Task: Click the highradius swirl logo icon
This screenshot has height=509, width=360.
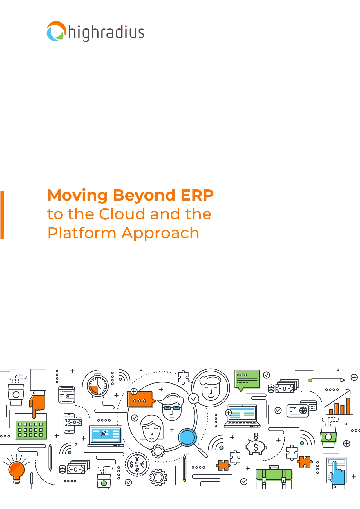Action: coord(56,31)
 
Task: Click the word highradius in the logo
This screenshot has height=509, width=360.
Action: coord(106,33)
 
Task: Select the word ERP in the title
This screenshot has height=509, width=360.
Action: coord(197,195)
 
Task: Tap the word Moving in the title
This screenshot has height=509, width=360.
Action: coord(77,195)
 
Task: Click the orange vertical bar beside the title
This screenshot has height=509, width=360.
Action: coord(2,215)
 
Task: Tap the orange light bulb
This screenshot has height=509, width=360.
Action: coord(17,470)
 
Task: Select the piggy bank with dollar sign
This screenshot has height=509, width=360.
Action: coord(256,447)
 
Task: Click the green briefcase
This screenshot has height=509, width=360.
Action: coord(274,475)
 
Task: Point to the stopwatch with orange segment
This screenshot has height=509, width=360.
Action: coord(98,386)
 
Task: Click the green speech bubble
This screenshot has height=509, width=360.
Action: coord(247,379)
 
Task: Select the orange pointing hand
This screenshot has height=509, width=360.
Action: coord(37,404)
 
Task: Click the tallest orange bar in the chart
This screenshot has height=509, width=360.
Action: coord(348,406)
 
